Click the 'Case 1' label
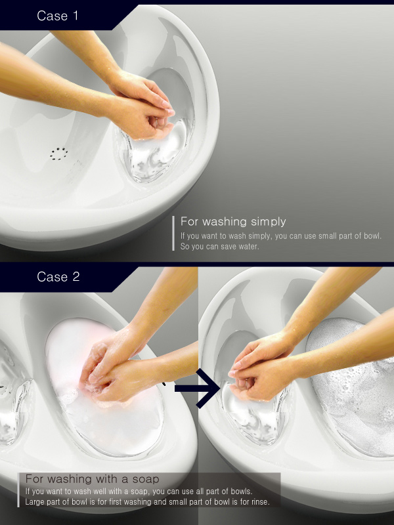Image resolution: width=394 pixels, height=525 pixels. pyautogui.click(x=58, y=16)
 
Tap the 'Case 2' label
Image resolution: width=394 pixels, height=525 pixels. pyautogui.click(x=58, y=276)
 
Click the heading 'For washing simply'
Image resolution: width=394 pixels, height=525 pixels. pyautogui.click(x=233, y=222)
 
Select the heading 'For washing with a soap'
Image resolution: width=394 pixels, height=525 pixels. pyautogui.click(x=92, y=479)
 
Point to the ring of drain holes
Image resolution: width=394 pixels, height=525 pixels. pyautogui.click(x=59, y=154)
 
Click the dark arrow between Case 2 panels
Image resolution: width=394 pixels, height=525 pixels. pyautogui.click(x=198, y=388)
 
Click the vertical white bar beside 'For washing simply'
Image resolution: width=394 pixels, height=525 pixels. pyautogui.click(x=173, y=233)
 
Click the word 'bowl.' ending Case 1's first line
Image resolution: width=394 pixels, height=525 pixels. pyautogui.click(x=372, y=236)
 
